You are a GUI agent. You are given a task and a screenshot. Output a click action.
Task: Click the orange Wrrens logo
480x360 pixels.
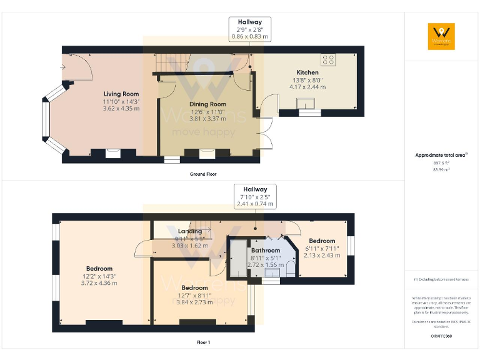tap(441, 36)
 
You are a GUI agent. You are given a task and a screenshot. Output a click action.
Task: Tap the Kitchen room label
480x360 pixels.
tap(307, 72)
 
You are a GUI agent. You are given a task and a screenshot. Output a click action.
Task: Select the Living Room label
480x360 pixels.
tap(121, 94)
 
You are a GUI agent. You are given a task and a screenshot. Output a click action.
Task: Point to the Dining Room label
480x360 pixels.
tap(207, 104)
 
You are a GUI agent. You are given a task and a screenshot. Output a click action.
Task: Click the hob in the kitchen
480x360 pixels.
tap(327, 60)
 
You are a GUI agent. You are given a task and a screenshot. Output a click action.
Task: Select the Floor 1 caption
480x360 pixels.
tap(203, 342)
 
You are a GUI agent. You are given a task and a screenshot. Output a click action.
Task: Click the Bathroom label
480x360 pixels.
tap(266, 251)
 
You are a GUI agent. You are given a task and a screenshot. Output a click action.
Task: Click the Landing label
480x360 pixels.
tap(190, 231)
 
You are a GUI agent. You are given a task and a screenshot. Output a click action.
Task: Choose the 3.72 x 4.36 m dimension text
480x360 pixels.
tap(99, 283)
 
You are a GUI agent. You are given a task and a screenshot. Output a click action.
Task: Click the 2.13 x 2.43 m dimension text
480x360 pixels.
tap(322, 255)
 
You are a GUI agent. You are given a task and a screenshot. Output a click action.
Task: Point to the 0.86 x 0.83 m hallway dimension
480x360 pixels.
tap(250, 37)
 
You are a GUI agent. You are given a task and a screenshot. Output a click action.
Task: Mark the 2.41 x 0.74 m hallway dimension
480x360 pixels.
tap(255, 204)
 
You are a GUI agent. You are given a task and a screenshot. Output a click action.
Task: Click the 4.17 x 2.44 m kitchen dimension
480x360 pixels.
tap(307, 87)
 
